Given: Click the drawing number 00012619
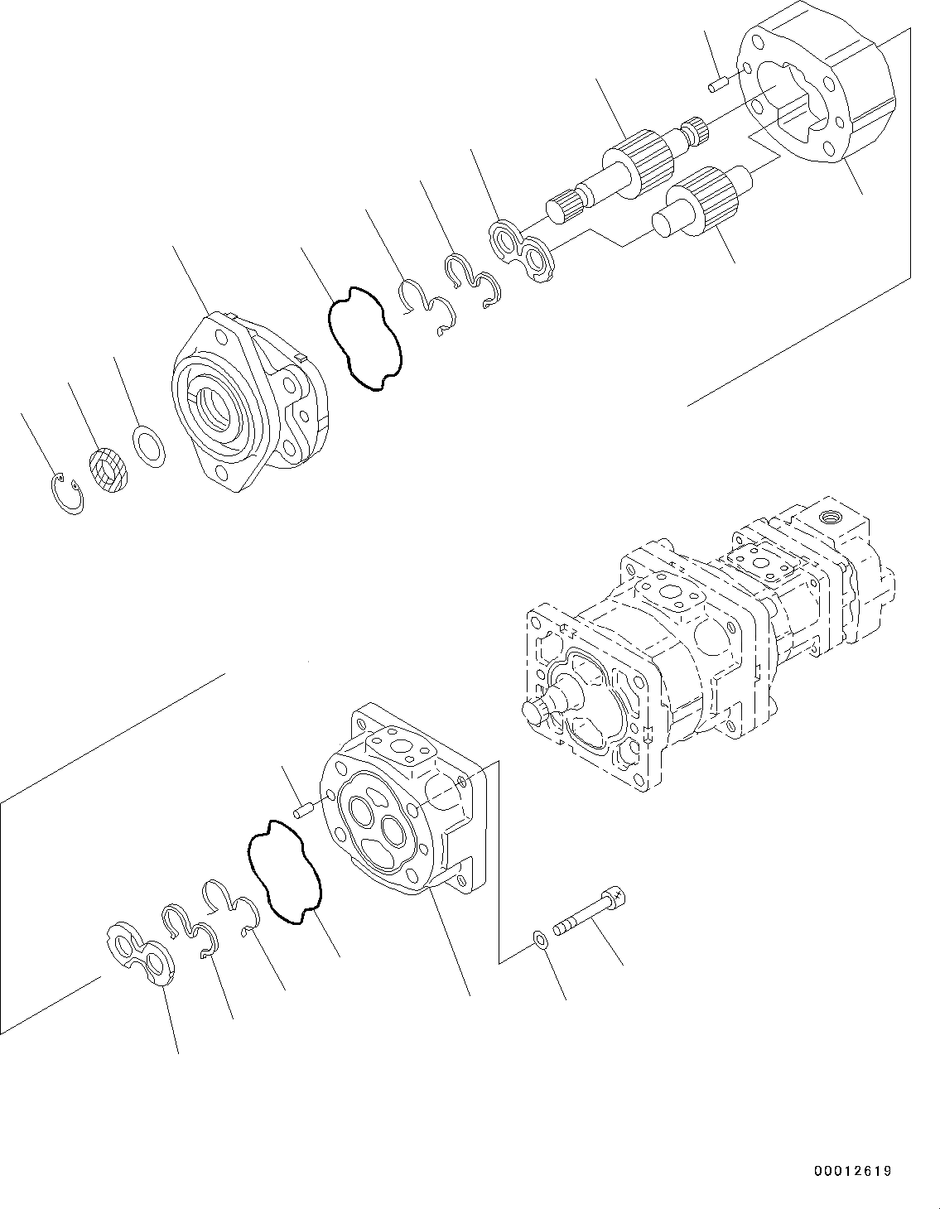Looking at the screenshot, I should pos(851,1170).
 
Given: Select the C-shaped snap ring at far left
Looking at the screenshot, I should pos(65,494).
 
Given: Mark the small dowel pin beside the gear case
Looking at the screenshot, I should pos(717,83).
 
